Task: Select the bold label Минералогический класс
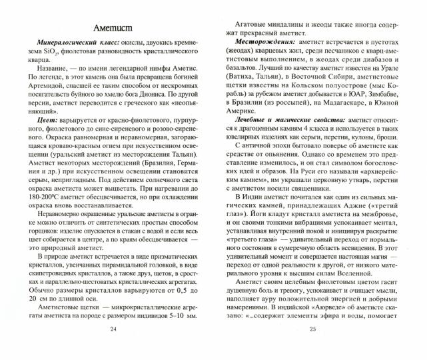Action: pos(71,49)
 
